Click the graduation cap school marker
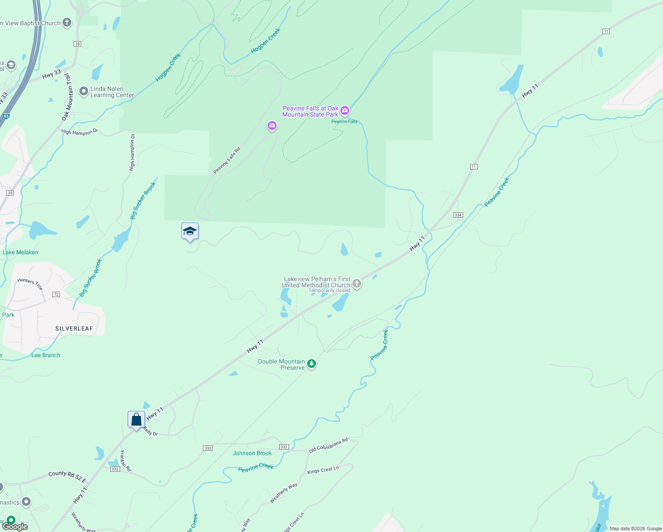coord(190,231)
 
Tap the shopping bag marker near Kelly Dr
coord(136,419)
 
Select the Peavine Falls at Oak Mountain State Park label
coord(310,111)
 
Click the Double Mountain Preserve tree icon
coord(312,364)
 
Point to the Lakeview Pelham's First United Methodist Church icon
coord(357,284)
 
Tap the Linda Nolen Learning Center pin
coord(84,92)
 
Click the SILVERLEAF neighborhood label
coord(74,329)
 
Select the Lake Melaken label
coord(20,252)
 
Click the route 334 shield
coord(458,215)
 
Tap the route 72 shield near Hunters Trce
coord(56,294)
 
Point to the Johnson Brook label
coord(252,453)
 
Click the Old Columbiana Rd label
coord(328,445)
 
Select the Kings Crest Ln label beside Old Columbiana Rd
coord(323,470)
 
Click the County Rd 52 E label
coord(67,476)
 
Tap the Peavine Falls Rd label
coord(227,160)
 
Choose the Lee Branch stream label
coord(46,355)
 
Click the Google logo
coord(15,527)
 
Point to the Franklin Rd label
coord(126,461)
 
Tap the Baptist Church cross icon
coord(67,23)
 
